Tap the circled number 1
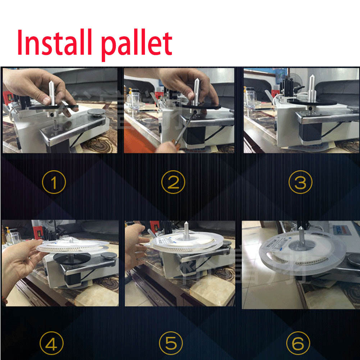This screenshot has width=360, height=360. click(54, 182)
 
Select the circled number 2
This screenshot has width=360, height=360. click(173, 182)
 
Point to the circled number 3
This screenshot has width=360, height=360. click(300, 182)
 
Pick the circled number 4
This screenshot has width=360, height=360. click(52, 343)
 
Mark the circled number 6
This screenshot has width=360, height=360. click(298, 343)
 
